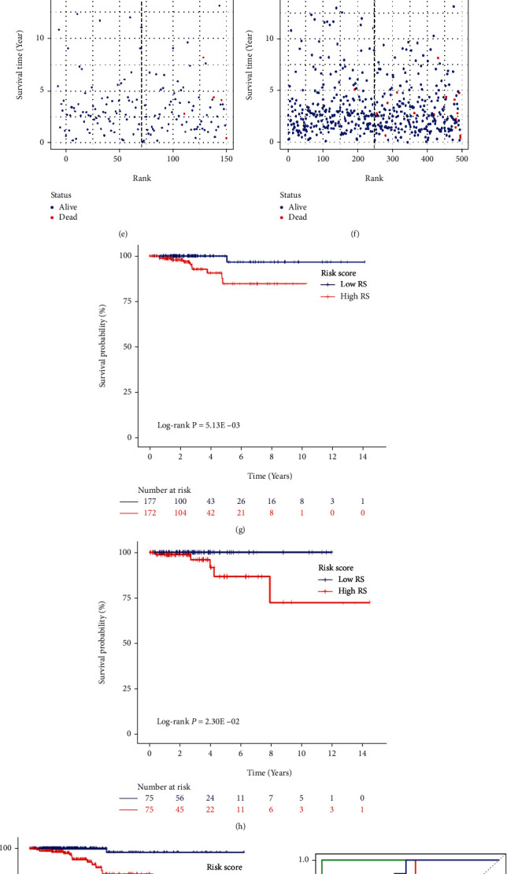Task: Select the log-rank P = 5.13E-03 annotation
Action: [x=198, y=424]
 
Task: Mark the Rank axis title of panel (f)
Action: [x=374, y=177]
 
